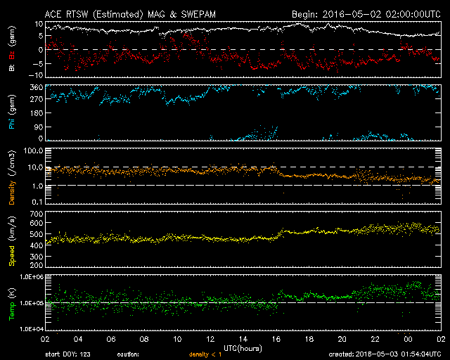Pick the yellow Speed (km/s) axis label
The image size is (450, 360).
(12, 239)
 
